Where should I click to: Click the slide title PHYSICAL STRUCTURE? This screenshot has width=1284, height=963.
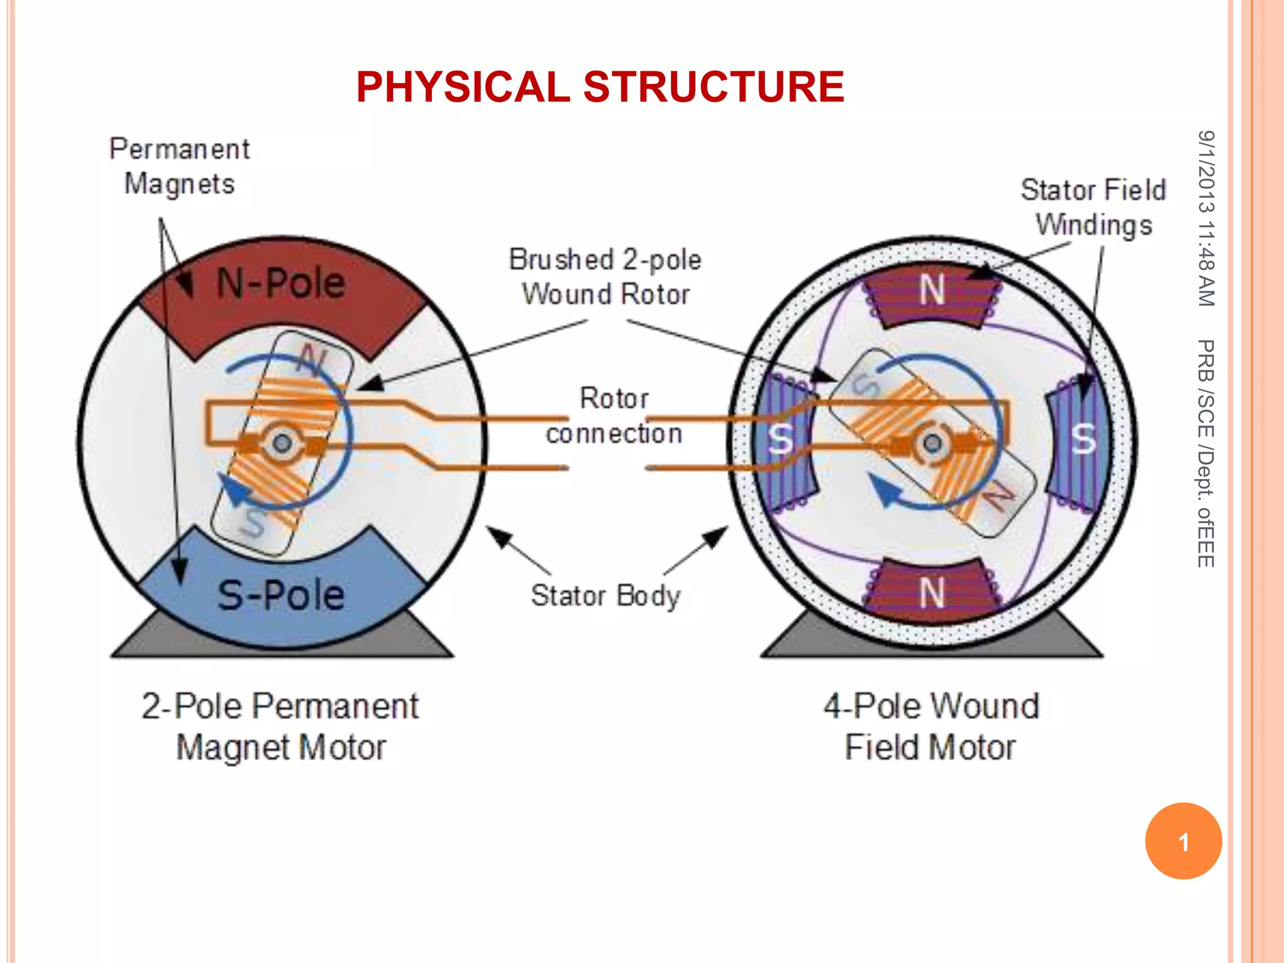click(600, 87)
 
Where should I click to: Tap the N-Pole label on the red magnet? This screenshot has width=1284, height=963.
click(280, 283)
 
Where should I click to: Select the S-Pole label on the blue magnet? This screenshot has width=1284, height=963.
click(281, 595)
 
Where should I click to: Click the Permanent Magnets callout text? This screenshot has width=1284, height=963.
click(179, 167)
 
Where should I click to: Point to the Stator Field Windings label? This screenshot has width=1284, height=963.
click(1093, 208)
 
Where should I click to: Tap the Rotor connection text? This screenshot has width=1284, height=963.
click(614, 416)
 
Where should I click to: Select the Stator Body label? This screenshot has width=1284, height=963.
click(605, 596)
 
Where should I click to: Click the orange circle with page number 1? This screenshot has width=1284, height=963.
click(1183, 841)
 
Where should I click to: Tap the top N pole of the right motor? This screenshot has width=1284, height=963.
click(932, 291)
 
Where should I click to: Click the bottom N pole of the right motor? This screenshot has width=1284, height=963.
click(932, 592)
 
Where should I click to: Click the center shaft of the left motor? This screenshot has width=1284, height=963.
click(282, 444)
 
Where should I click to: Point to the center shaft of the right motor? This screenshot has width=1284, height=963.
click(932, 444)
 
